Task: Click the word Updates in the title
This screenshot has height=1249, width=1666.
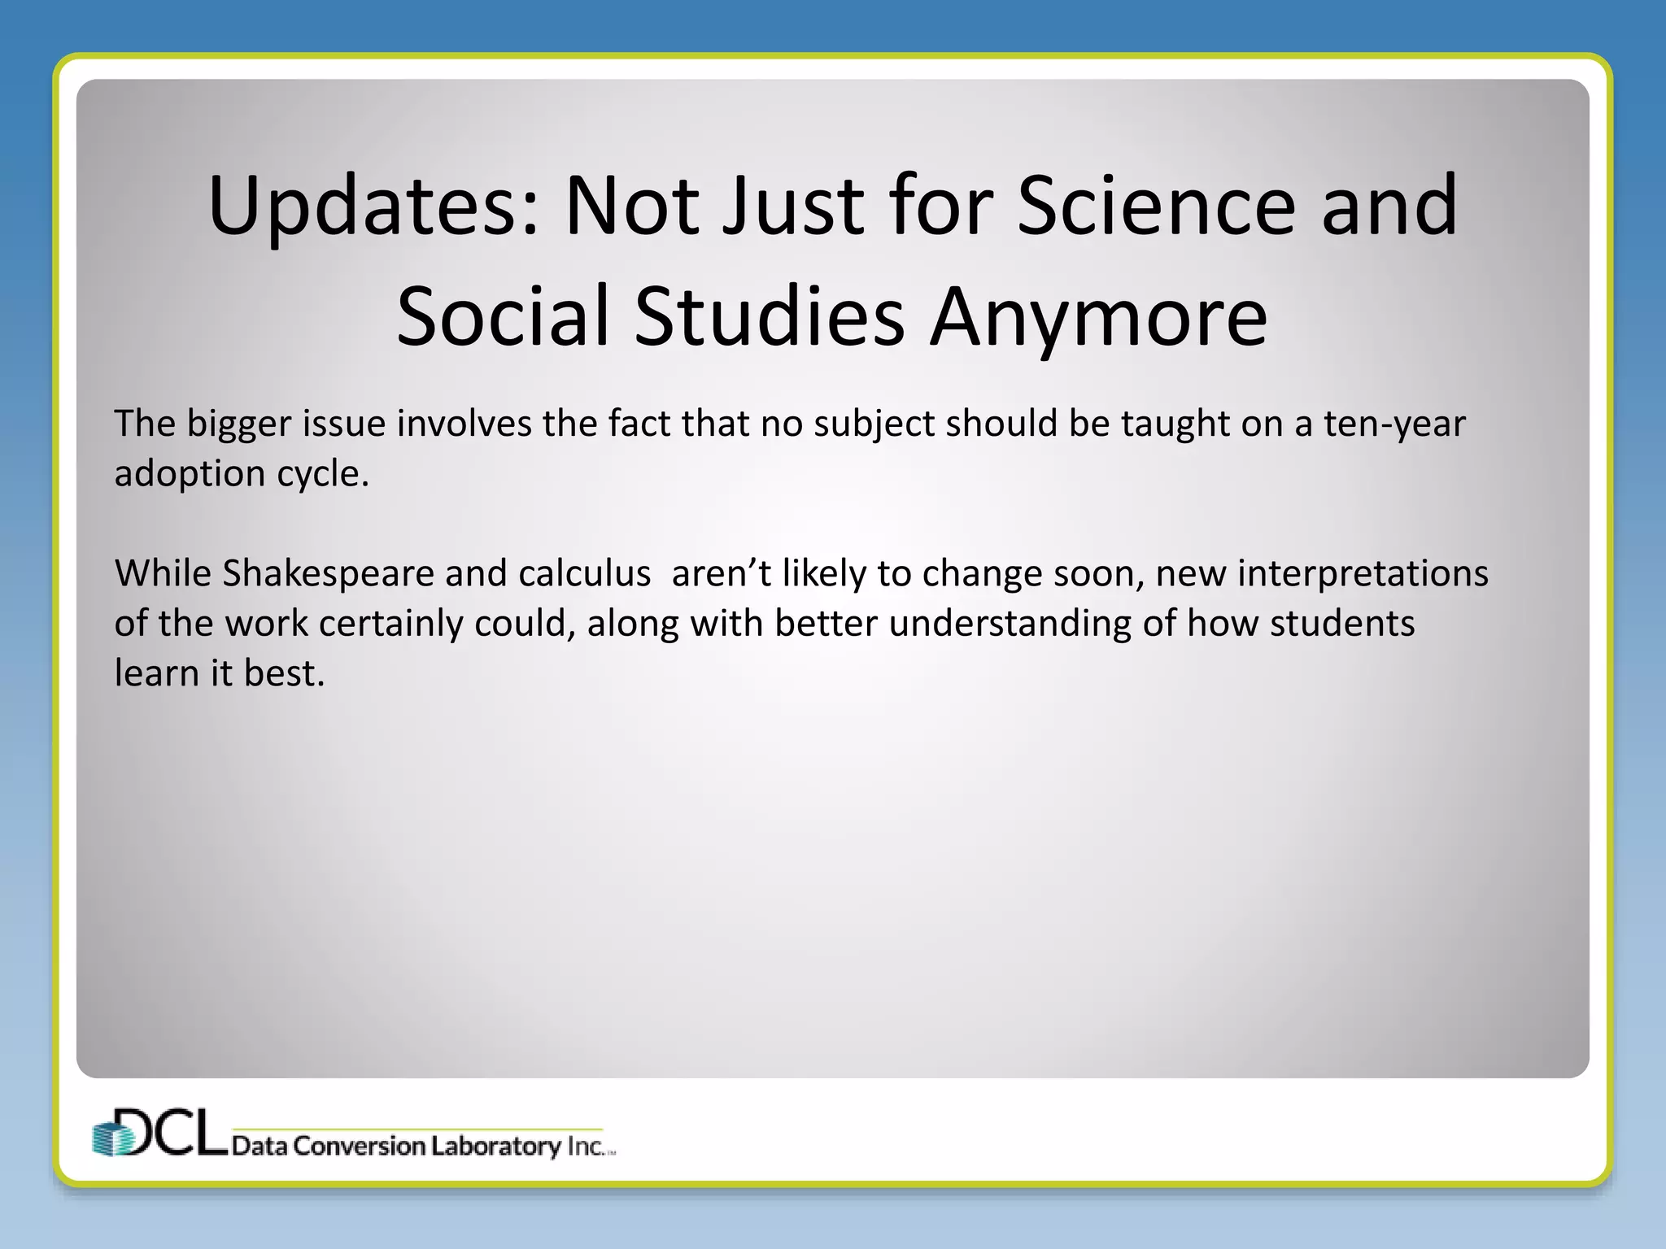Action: [373, 207]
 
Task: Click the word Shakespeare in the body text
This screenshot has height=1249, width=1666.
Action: [328, 573]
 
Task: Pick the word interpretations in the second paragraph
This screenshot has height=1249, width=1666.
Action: [1363, 573]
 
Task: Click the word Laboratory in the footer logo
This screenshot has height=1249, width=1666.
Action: [495, 1146]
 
